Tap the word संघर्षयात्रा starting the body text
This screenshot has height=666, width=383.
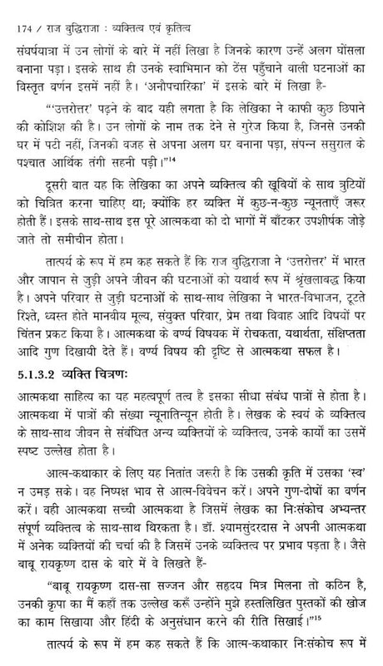coord(32,36)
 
